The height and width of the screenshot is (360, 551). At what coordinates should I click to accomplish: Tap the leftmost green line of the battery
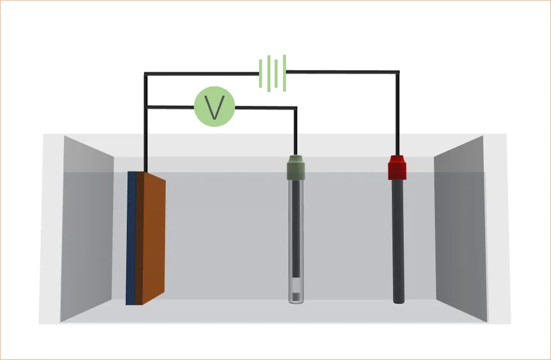pyautogui.click(x=261, y=73)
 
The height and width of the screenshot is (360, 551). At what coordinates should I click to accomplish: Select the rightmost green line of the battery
pyautogui.click(x=285, y=72)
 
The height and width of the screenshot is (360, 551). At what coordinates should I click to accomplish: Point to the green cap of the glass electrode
pyautogui.click(x=296, y=167)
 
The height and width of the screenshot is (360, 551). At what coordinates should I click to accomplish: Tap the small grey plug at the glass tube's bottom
pyautogui.click(x=296, y=295)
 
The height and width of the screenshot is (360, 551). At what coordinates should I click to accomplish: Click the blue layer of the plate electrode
pyautogui.click(x=131, y=239)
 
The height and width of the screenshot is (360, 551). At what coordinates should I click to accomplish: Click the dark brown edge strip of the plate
pyautogui.click(x=139, y=239)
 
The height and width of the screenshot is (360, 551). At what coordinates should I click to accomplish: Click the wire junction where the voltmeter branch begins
pyautogui.click(x=146, y=108)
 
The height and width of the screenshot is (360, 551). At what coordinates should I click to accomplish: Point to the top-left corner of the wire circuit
pyautogui.click(x=146, y=74)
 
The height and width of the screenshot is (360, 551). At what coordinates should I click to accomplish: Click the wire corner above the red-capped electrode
pyautogui.click(x=397, y=72)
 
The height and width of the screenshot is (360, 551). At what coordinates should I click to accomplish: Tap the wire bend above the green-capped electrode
pyautogui.click(x=296, y=108)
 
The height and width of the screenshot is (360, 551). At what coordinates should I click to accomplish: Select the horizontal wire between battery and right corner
pyautogui.click(x=341, y=72)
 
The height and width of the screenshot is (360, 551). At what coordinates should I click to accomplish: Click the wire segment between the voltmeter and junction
pyautogui.click(x=171, y=108)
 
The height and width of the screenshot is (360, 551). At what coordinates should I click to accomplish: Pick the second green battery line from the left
pyautogui.click(x=269, y=72)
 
